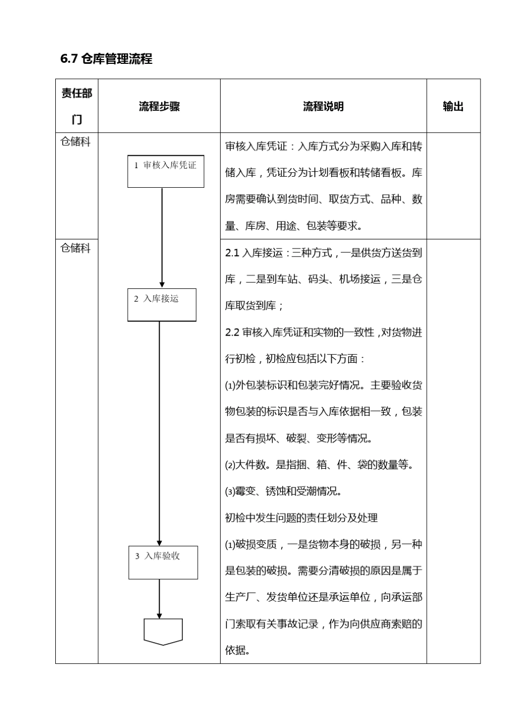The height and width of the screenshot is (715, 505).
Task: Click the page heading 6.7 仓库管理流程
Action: (x=106, y=59)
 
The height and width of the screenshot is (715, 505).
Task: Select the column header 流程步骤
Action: (x=159, y=106)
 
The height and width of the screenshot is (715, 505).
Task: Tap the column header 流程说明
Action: (x=323, y=106)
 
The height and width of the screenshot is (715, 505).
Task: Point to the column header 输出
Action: (x=453, y=106)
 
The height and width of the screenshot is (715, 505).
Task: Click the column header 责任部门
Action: (x=77, y=106)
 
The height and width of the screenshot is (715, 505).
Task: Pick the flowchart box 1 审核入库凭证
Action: (x=165, y=171)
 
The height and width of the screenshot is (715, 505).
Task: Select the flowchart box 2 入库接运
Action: (x=162, y=304)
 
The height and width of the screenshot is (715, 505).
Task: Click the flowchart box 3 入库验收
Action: (x=163, y=562)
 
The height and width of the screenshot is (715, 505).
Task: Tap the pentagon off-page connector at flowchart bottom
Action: (x=163, y=631)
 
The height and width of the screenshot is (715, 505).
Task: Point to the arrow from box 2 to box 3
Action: (x=159, y=434)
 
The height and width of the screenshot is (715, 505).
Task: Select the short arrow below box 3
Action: (x=159, y=598)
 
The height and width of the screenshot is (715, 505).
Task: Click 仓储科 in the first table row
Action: (x=75, y=142)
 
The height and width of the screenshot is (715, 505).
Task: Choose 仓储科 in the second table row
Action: (x=75, y=248)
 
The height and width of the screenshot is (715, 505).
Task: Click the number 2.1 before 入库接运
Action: (x=232, y=253)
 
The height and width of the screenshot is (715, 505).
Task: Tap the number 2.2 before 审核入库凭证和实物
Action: (x=232, y=332)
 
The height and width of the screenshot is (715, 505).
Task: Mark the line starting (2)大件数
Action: (x=319, y=465)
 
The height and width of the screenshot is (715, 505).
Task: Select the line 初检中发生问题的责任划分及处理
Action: (x=301, y=518)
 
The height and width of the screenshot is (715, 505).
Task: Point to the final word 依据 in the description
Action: (x=237, y=650)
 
